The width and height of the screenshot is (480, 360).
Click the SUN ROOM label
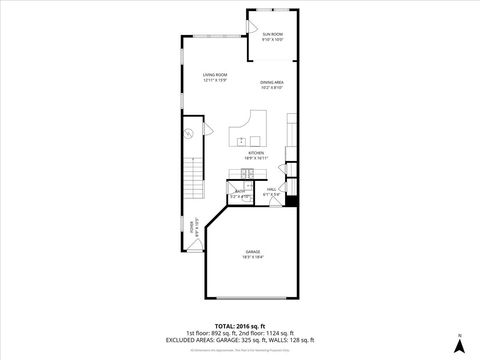pos(273,35)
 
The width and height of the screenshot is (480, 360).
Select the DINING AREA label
pos(273,82)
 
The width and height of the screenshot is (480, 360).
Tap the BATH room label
pos(240,191)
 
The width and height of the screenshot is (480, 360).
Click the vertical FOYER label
pos(193,228)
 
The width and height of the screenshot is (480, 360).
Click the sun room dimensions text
pos(273,40)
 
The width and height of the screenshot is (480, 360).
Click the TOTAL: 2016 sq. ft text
pos(240,326)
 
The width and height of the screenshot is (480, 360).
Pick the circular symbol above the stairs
pos(187,134)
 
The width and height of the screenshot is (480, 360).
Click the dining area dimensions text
pos(273,88)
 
